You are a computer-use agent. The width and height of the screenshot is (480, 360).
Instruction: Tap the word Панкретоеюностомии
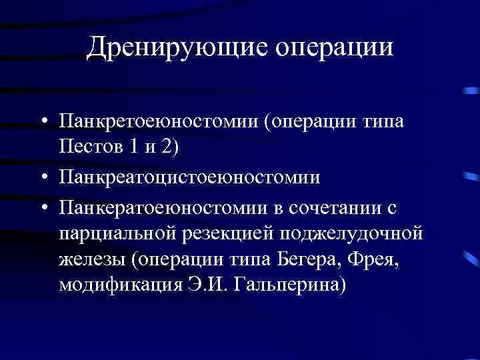point(160,123)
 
